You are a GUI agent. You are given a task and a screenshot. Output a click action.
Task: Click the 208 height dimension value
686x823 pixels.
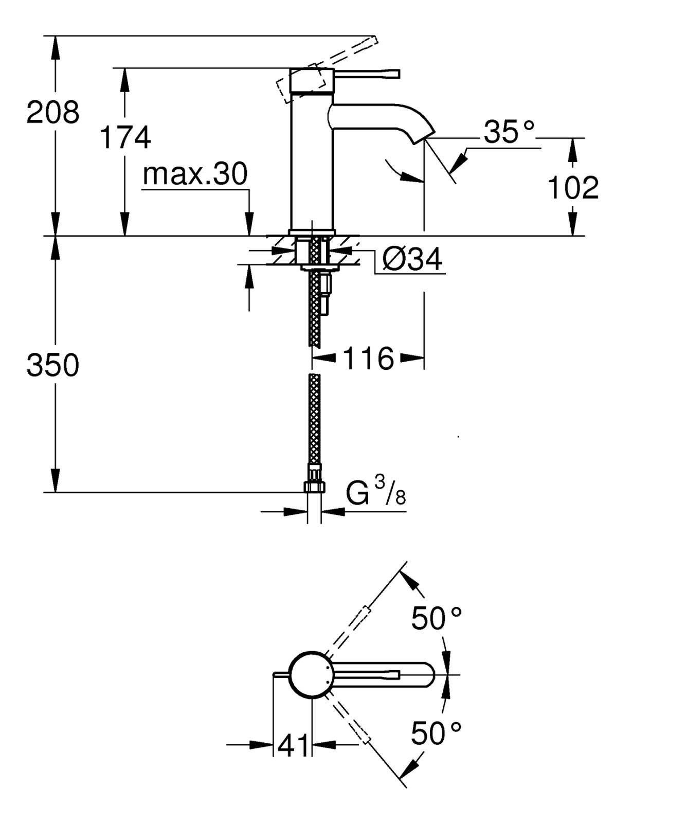(x=53, y=112)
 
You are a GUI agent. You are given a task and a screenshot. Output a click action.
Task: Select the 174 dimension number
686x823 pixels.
(x=125, y=137)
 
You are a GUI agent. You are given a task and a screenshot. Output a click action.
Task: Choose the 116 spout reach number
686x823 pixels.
(x=368, y=358)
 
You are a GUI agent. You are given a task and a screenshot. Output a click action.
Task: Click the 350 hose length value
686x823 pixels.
(x=53, y=365)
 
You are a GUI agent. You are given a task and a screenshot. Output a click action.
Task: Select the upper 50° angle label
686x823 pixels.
(x=437, y=618)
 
